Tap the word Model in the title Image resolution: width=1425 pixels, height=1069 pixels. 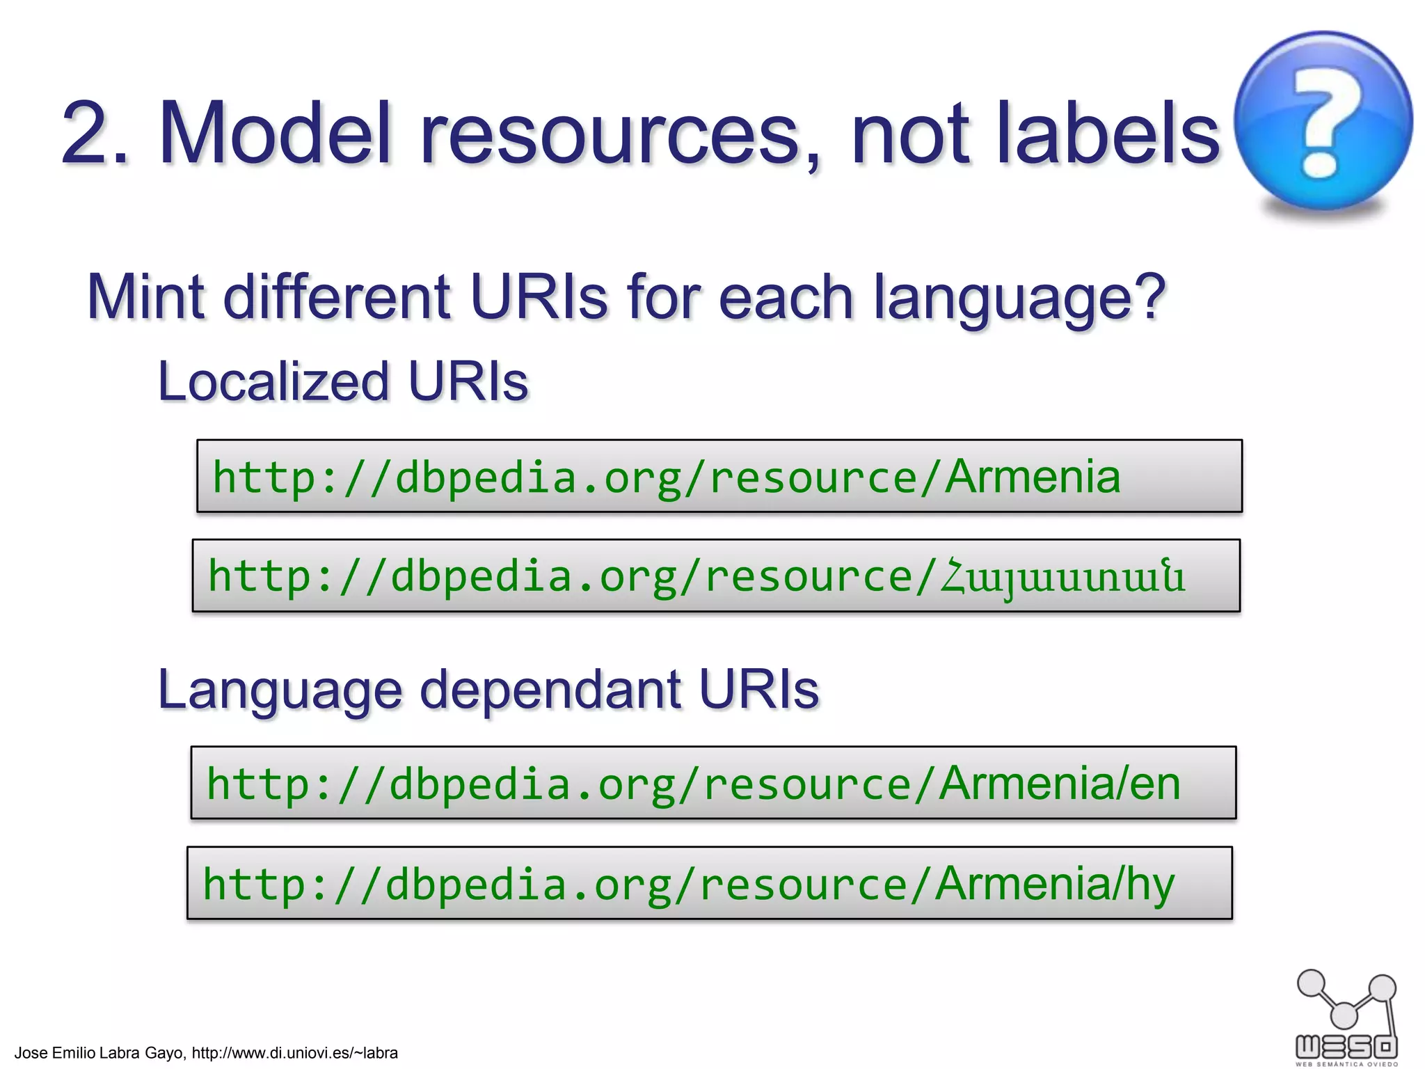click(x=276, y=133)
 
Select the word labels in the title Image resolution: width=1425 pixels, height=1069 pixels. click(x=1108, y=133)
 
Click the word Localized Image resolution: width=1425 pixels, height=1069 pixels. click(x=273, y=382)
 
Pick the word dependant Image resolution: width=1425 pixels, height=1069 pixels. click(x=550, y=690)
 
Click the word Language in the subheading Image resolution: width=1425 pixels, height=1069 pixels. click(x=280, y=691)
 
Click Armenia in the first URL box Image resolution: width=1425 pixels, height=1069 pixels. click(x=1033, y=477)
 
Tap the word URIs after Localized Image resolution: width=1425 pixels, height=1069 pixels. click(x=468, y=382)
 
